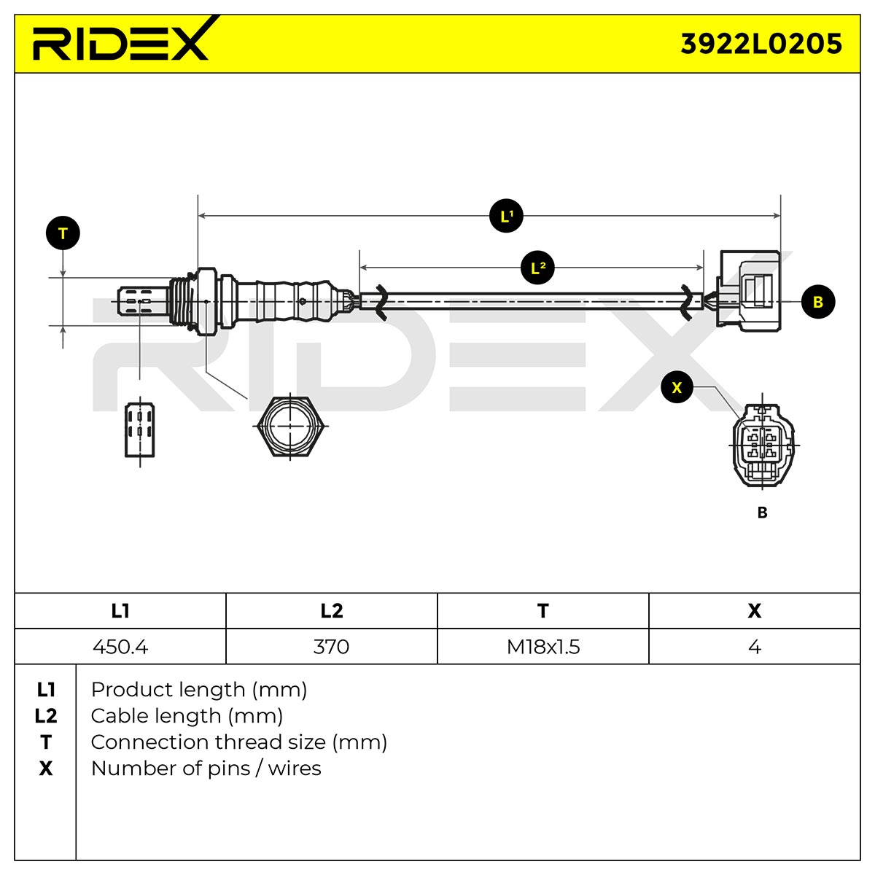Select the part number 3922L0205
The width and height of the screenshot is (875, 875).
pyautogui.click(x=761, y=44)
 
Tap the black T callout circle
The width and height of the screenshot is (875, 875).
pyautogui.click(x=63, y=233)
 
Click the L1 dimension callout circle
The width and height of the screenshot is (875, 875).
pyautogui.click(x=506, y=216)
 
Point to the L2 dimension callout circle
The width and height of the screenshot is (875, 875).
pyautogui.click(x=537, y=268)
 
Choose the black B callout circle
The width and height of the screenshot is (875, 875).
pyautogui.click(x=818, y=301)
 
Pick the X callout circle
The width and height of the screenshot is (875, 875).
pyautogui.click(x=677, y=387)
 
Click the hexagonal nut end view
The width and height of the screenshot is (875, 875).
pyautogui.click(x=291, y=427)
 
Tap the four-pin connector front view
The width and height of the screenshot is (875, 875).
pyautogui.click(x=763, y=445)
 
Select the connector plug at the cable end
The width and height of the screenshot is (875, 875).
pyautogui.click(x=748, y=291)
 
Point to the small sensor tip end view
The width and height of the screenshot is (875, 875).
pyautogui.click(x=139, y=429)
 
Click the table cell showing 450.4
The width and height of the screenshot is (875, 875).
pyautogui.click(x=120, y=647)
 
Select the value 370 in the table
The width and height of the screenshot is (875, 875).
pyautogui.click(x=332, y=647)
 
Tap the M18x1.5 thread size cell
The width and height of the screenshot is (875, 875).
pyautogui.click(x=543, y=647)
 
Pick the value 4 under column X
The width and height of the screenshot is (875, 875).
pyautogui.click(x=754, y=647)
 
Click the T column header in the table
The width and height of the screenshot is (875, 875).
pyautogui.click(x=543, y=611)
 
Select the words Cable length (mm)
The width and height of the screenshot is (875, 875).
pyautogui.click(x=187, y=716)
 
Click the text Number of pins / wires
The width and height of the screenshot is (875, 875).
pyautogui.click(x=206, y=769)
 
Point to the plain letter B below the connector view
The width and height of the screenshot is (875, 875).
pyautogui.click(x=763, y=512)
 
